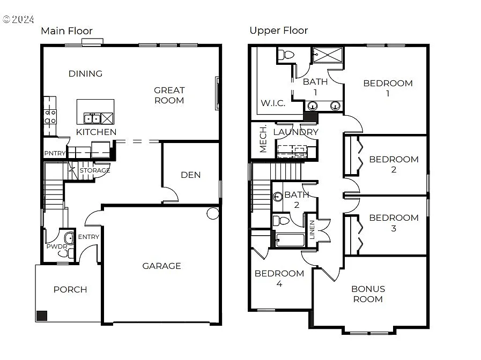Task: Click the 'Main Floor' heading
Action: click(66, 31)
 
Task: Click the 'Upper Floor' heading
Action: click(278, 31)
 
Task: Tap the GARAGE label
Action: click(161, 266)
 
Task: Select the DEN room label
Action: click(190, 175)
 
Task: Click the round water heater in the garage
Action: click(213, 214)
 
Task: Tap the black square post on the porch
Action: click(42, 316)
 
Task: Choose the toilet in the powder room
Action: click(70, 238)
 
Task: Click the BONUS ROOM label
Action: click(368, 294)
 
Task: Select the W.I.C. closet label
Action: click(273, 103)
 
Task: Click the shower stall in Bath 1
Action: click(328, 55)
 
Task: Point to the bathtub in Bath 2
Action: click(290, 239)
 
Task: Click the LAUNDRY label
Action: click(295, 132)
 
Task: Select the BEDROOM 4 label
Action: click(279, 278)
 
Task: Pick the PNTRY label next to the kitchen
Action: click(55, 154)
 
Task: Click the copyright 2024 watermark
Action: click(18, 19)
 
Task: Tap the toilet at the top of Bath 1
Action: click(286, 54)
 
